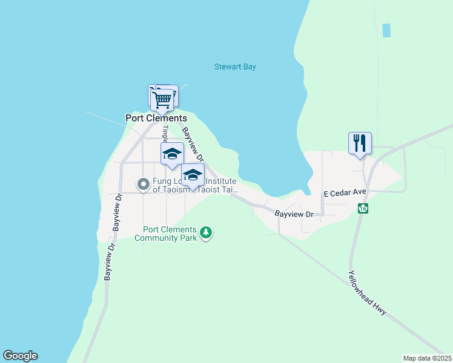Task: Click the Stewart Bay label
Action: click(235, 67)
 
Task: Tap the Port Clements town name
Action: click(156, 118)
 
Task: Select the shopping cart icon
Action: click(162, 99)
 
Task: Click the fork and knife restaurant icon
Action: click(360, 143)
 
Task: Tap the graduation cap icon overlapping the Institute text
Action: click(193, 175)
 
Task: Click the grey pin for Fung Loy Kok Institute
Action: click(144, 183)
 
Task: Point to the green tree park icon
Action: click(206, 232)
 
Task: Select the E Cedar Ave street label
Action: click(345, 194)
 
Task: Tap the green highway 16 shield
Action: click(363, 208)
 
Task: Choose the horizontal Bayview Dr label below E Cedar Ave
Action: click(294, 214)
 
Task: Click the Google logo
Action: click(20, 356)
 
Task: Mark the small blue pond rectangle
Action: click(386, 30)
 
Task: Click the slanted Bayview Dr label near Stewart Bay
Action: click(194, 143)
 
